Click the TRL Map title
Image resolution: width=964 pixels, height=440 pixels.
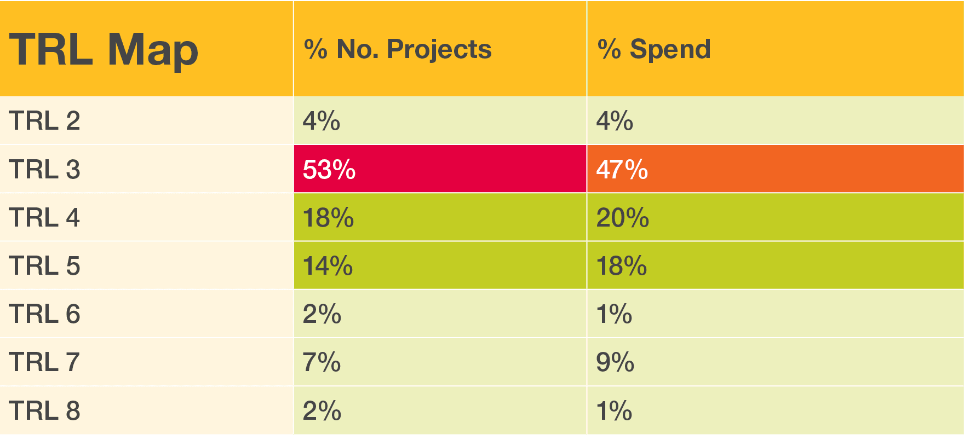[x=104, y=50]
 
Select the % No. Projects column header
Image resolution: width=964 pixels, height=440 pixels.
[x=398, y=49]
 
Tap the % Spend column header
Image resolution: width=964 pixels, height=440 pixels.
[x=654, y=49]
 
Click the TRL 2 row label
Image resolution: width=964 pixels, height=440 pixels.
[x=44, y=121]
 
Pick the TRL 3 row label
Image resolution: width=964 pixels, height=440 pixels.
[x=44, y=170]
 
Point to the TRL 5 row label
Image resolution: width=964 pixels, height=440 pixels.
[x=44, y=266]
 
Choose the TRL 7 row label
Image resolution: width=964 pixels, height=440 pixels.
[x=44, y=362]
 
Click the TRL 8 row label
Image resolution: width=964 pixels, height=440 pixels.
[x=44, y=411]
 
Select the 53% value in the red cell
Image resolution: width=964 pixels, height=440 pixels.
[x=329, y=170]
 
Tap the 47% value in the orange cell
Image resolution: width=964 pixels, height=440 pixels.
[x=622, y=170]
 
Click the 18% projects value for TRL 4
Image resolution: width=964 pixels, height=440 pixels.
[x=328, y=218]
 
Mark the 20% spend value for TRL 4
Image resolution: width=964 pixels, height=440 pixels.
[x=623, y=218]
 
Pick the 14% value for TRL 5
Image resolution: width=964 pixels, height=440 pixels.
[x=328, y=266]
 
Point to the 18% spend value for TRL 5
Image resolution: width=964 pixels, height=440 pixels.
[x=622, y=266]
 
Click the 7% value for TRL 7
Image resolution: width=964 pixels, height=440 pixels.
[x=322, y=362]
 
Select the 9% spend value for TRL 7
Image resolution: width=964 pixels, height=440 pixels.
[x=615, y=362]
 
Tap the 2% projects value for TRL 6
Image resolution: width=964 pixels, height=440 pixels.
[x=322, y=314]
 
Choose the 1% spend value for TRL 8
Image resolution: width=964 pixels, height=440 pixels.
[x=614, y=411]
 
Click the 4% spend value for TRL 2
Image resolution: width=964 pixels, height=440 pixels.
[x=615, y=121]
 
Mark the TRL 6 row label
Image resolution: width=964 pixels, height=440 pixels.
[x=44, y=314]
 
